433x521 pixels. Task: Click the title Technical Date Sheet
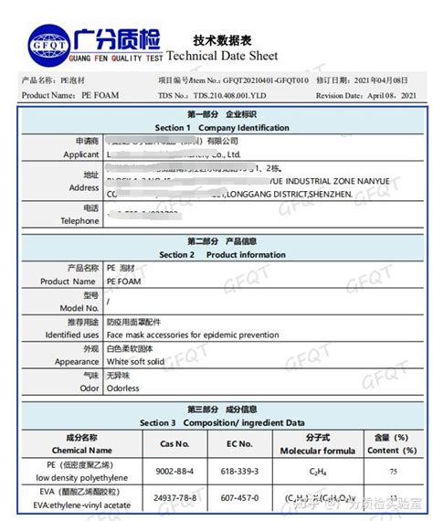[x=234, y=54]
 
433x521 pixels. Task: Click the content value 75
[x=393, y=472]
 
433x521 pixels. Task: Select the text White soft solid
[x=135, y=362]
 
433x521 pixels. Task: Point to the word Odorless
[x=123, y=388]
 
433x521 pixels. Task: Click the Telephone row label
[x=79, y=221]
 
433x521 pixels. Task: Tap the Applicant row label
[x=80, y=154]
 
